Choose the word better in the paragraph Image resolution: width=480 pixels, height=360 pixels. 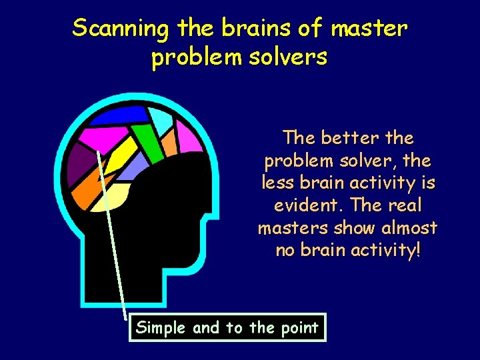[x=349, y=138]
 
